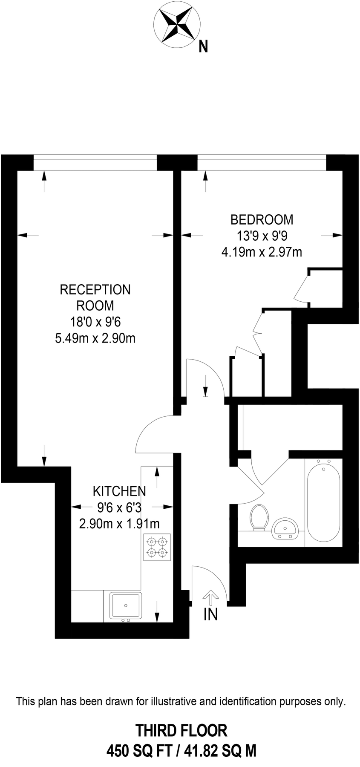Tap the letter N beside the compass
[204, 46]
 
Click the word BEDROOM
[262, 219]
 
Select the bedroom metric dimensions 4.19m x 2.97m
[262, 252]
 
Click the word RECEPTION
[95, 290]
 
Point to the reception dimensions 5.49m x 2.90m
[95, 339]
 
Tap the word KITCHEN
[119, 491]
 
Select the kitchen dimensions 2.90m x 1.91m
[119, 523]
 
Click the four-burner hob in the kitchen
[156, 547]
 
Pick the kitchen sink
[126, 606]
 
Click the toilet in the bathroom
[259, 516]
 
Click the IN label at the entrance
[210, 614]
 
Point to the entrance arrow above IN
[210, 597]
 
